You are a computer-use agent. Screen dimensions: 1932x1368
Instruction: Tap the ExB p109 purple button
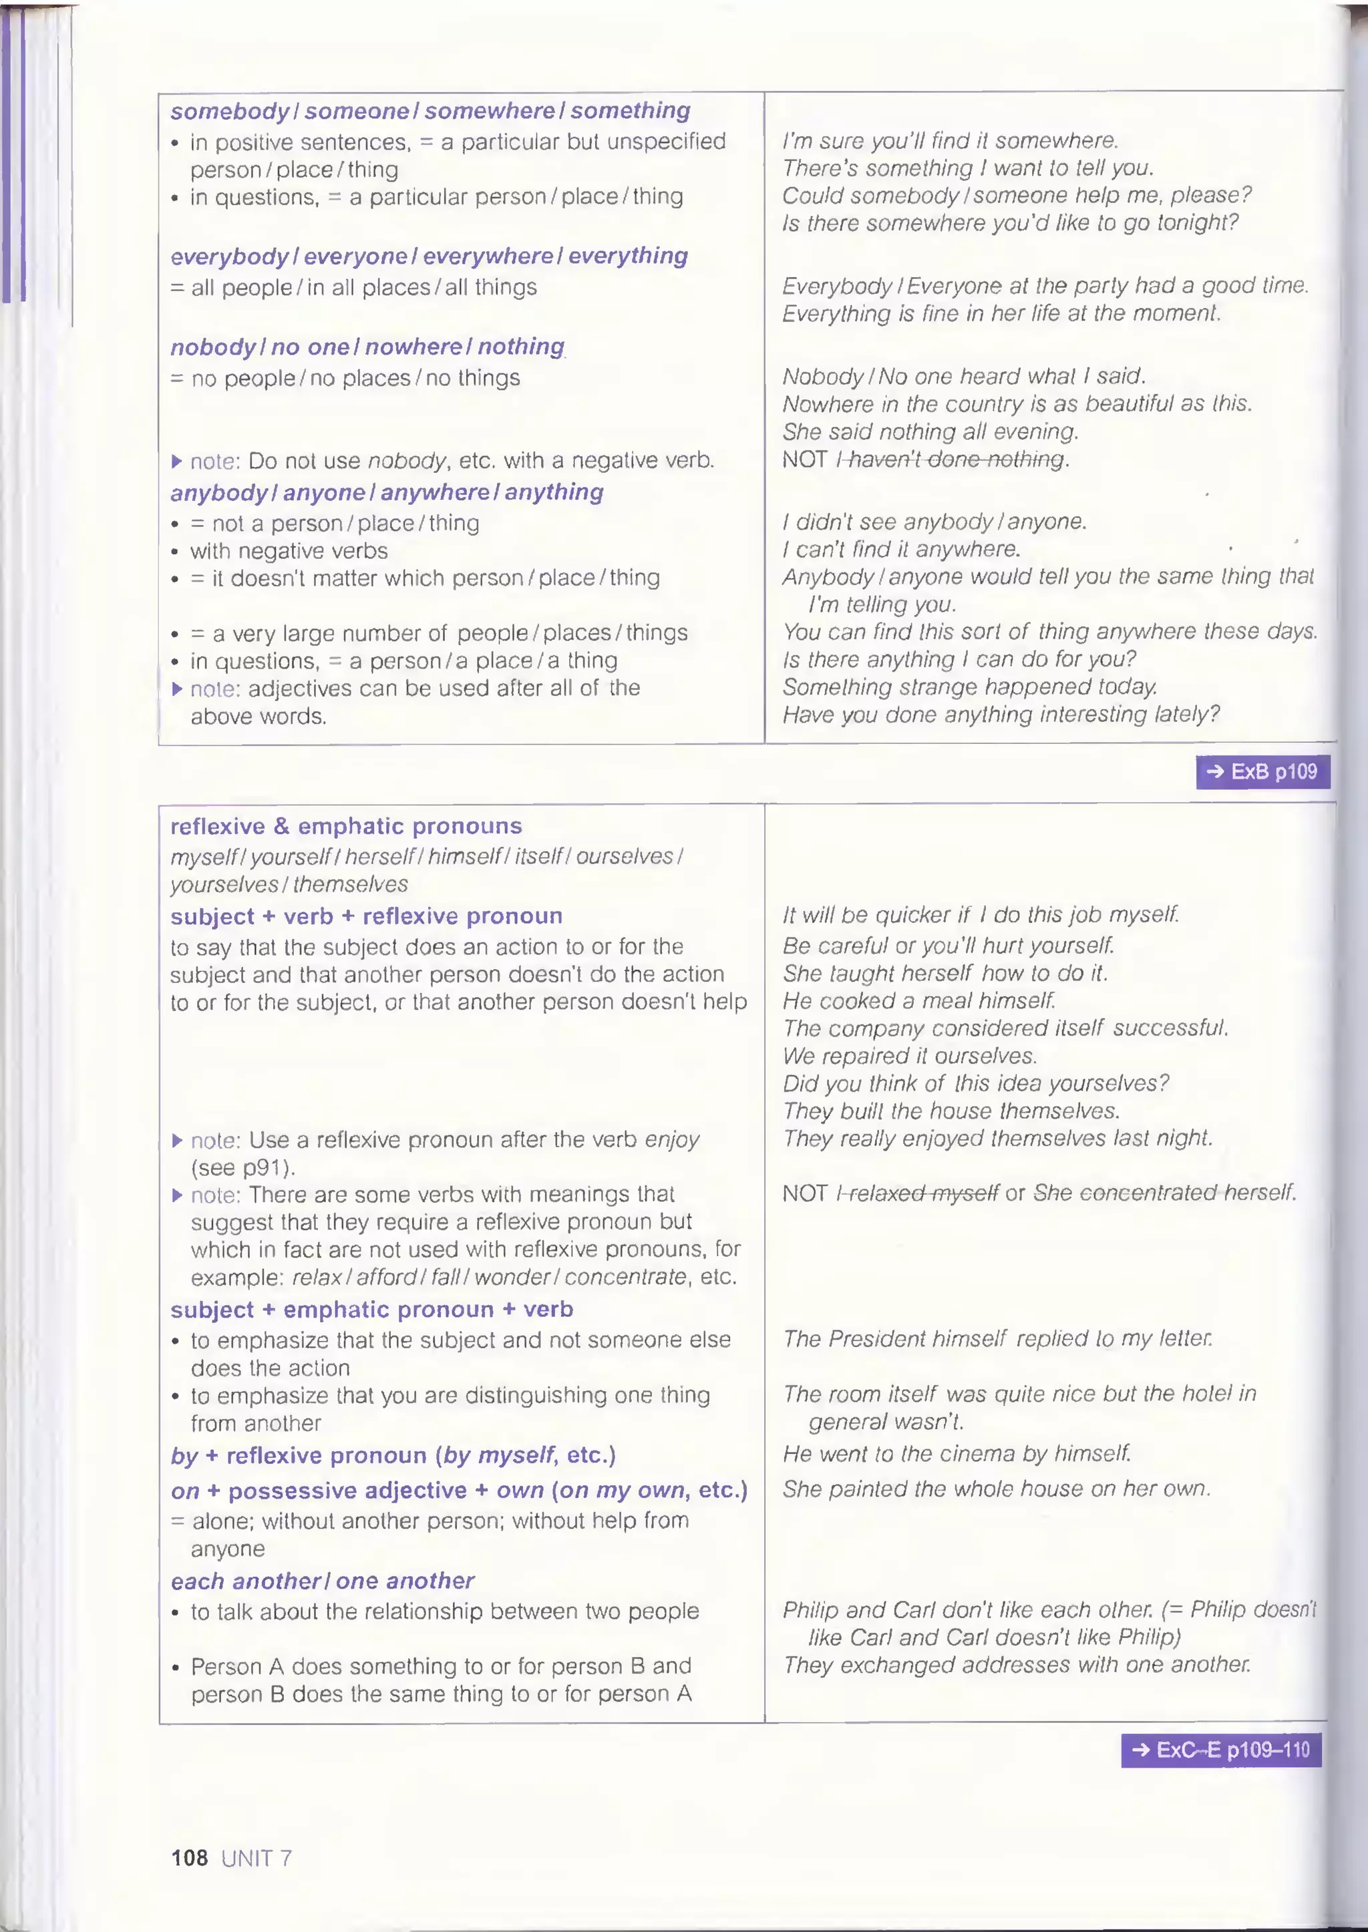(1262, 771)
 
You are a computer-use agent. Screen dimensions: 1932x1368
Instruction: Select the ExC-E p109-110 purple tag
(1220, 1750)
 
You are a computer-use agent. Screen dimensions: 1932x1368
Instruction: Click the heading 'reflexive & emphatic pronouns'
(345, 826)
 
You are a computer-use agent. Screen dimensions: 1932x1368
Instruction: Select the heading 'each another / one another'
(322, 1581)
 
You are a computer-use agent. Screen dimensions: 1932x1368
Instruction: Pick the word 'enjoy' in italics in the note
(671, 1139)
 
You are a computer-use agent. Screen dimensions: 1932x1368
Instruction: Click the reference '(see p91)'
(242, 1167)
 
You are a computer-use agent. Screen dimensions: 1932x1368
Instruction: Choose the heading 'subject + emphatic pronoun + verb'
(371, 1310)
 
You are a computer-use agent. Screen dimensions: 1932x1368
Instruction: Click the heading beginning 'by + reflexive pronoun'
(393, 1455)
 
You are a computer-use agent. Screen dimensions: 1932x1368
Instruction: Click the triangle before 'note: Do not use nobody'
(177, 461)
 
